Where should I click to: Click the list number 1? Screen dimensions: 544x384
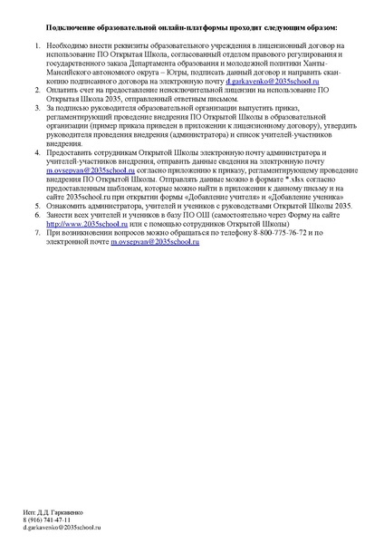point(37,44)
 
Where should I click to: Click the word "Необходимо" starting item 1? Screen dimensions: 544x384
point(68,44)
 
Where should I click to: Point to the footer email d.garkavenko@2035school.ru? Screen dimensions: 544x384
point(62,527)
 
